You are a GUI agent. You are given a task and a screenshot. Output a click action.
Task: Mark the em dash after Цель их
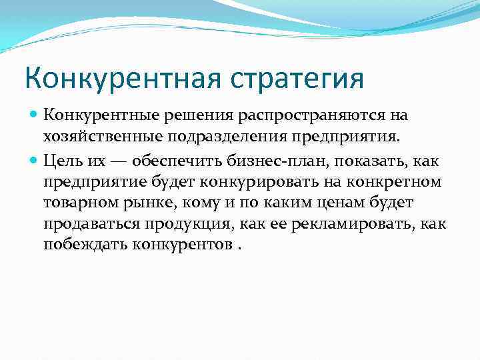120,161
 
